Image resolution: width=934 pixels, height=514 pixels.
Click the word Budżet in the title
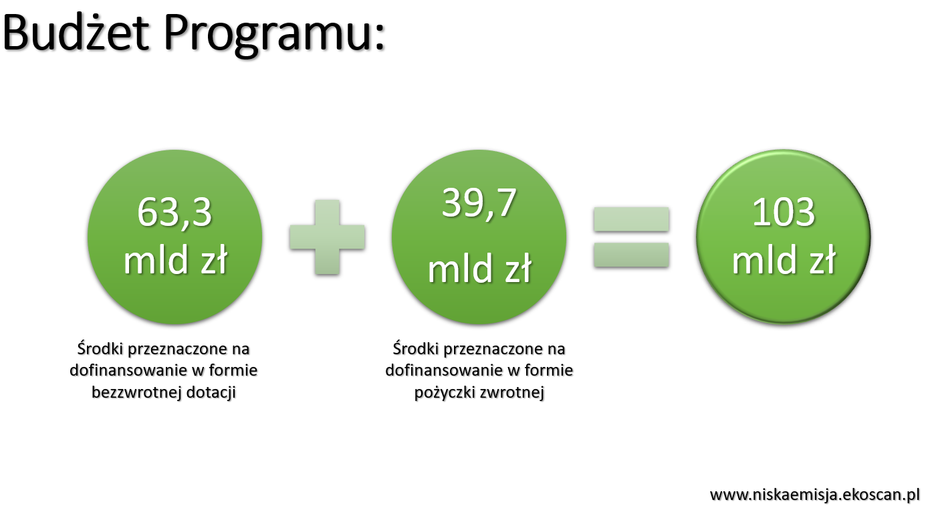pos(76,32)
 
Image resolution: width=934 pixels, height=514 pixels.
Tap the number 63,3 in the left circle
pos(174,213)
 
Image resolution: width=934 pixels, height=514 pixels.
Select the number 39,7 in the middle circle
pos(479,203)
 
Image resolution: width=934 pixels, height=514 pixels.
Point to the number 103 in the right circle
pos(784,213)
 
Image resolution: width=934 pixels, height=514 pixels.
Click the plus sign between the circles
pos(328,237)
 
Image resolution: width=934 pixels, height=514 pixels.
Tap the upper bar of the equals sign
pos(631,219)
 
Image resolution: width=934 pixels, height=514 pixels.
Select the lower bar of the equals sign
pos(631,255)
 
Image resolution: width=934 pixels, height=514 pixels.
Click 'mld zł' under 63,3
pos(176,259)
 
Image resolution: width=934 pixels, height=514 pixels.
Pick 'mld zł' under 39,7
pos(479,269)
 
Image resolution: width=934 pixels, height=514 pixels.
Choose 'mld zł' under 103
pos(784,259)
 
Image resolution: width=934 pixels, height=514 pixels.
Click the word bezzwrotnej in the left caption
pos(136,393)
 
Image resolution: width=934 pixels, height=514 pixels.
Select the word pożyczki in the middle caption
pos(445,393)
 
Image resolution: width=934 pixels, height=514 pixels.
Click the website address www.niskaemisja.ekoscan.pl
pos(815,495)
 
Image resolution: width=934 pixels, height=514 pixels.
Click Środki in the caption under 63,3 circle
pos(100,348)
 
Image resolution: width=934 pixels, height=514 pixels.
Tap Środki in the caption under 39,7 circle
pos(416,348)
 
